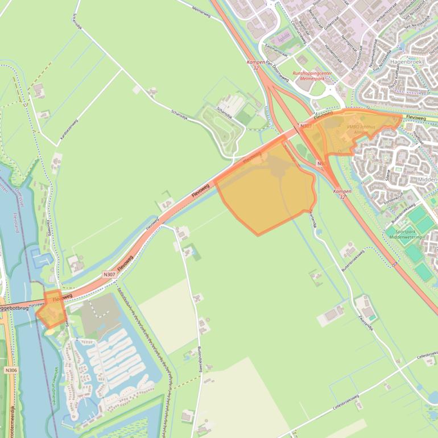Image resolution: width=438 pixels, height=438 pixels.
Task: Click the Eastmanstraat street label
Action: pyautogui.click(x=277, y=49)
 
